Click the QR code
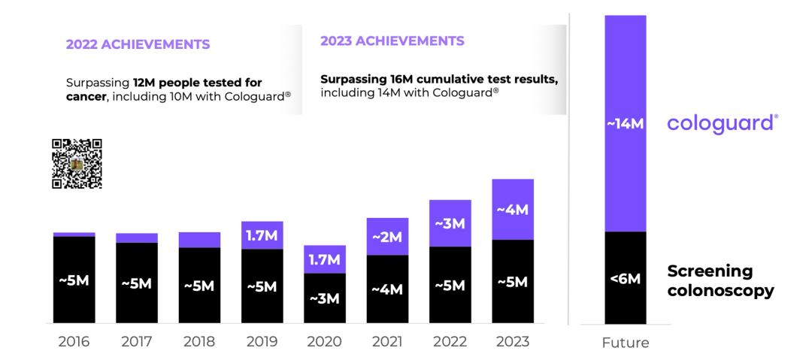pyautogui.click(x=77, y=164)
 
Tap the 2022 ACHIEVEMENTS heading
pyautogui.click(x=138, y=44)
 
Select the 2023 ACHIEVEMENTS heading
pyautogui.click(x=392, y=41)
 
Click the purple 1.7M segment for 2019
pyautogui.click(x=262, y=235)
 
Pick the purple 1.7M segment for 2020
pyautogui.click(x=325, y=259)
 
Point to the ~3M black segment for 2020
pyautogui.click(x=325, y=298)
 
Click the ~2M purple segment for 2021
pyautogui.click(x=387, y=237)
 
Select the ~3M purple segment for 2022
pyautogui.click(x=450, y=223)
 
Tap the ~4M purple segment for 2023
pyautogui.click(x=513, y=209)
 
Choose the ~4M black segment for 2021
pyautogui.click(x=387, y=289)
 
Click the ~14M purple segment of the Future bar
pyautogui.click(x=626, y=123)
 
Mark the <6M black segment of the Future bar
pyautogui.click(x=626, y=277)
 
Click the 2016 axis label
pyautogui.click(x=74, y=342)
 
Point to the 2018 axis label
pyautogui.click(x=199, y=342)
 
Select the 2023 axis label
pyautogui.click(x=513, y=342)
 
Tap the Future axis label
pyautogui.click(x=626, y=343)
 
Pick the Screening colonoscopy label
pyautogui.click(x=720, y=280)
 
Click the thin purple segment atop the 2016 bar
pyautogui.click(x=74, y=234)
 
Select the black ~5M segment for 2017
pyautogui.click(x=136, y=283)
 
